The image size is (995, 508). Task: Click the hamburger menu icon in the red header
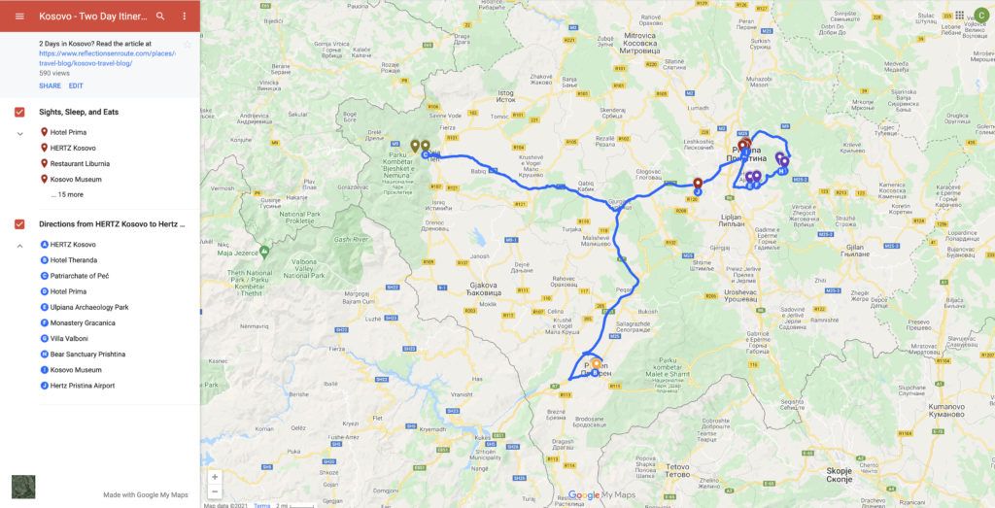19,17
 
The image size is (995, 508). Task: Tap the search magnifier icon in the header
160,17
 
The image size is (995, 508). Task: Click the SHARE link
50,85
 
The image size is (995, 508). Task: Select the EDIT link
76,85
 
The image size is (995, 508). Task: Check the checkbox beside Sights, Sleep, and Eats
19,113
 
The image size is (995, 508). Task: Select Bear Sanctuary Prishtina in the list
87,355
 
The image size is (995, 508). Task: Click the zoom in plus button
215,477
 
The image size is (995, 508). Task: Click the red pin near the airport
698,183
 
